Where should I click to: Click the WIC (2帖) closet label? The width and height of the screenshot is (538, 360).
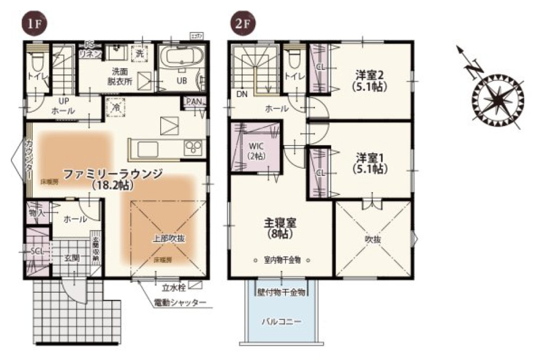pyautogui.click(x=255, y=150)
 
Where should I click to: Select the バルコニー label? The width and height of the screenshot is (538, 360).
pyautogui.click(x=281, y=321)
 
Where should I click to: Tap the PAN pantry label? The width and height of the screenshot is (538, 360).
pyautogui.click(x=194, y=102)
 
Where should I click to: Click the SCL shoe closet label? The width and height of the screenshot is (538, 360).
pyautogui.click(x=37, y=251)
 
